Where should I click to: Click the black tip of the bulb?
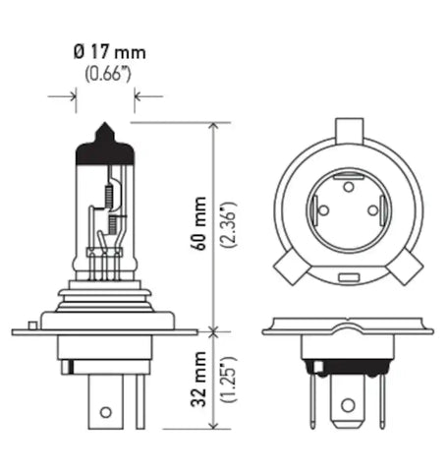tap(105, 144)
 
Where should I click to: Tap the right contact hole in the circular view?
tap(373, 208)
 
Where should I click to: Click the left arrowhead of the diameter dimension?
tap(72, 95)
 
